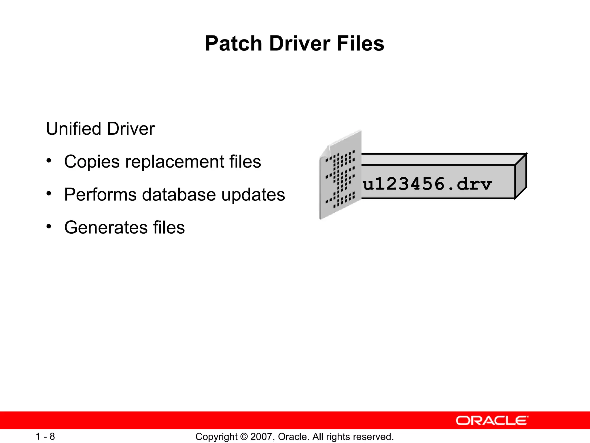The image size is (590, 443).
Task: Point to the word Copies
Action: click(x=92, y=162)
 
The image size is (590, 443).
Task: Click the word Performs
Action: click(x=100, y=195)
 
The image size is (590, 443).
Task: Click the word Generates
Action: click(x=105, y=228)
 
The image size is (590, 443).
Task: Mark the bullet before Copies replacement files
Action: click(x=49, y=161)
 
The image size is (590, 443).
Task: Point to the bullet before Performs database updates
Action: click(x=49, y=194)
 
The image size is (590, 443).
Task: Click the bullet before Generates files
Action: click(x=49, y=226)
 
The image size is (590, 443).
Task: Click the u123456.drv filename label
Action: click(x=427, y=184)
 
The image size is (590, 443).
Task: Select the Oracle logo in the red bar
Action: click(x=492, y=421)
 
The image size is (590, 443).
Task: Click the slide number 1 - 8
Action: click(x=45, y=436)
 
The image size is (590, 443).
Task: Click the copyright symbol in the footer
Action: click(x=244, y=437)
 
